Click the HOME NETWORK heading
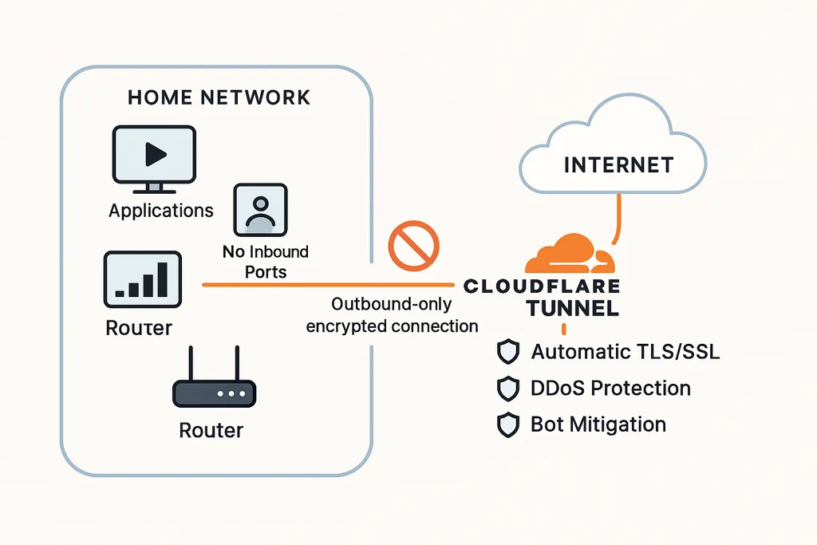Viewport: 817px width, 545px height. [x=219, y=97]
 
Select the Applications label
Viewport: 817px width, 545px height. [x=161, y=211]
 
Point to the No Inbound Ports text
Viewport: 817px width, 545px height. [x=266, y=261]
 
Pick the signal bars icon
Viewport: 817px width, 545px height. [x=143, y=279]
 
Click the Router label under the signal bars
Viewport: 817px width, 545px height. [x=139, y=327]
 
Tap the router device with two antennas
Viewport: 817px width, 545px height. [x=214, y=388]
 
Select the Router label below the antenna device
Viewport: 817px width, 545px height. [x=211, y=430]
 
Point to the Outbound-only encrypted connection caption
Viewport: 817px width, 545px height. [x=393, y=315]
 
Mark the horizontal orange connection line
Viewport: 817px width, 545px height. [x=327, y=284]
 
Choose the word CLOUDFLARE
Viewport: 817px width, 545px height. [x=541, y=286]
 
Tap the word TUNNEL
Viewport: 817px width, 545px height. [x=572, y=309]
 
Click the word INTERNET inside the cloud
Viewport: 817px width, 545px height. [x=618, y=165]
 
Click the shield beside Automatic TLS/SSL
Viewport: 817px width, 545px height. [x=507, y=352]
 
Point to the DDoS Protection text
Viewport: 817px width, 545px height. [x=610, y=389]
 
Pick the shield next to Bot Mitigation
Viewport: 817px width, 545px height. [x=507, y=425]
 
